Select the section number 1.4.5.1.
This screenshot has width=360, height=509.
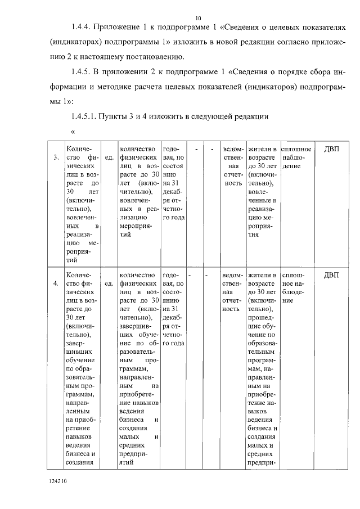click(x=85, y=116)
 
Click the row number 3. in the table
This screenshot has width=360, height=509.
click(x=56, y=157)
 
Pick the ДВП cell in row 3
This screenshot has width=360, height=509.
click(x=332, y=149)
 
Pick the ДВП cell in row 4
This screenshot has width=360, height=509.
click(x=332, y=275)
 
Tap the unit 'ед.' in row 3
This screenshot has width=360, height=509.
click(x=109, y=157)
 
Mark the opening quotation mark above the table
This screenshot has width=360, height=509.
click(x=73, y=133)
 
